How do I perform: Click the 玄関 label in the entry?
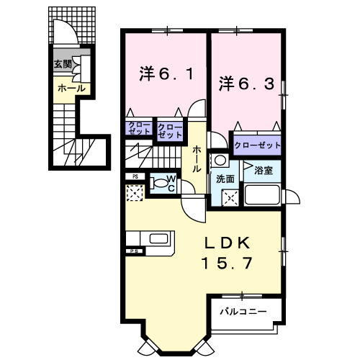62,64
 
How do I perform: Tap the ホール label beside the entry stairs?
71,88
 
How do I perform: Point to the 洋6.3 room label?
246,83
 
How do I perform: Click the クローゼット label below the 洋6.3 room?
256,144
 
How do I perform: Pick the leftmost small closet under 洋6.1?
139,130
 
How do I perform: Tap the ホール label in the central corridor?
196,158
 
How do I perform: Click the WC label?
173,179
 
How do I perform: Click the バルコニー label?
243,311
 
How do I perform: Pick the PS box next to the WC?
134,176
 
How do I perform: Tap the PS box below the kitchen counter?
133,251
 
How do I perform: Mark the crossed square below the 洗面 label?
230,197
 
